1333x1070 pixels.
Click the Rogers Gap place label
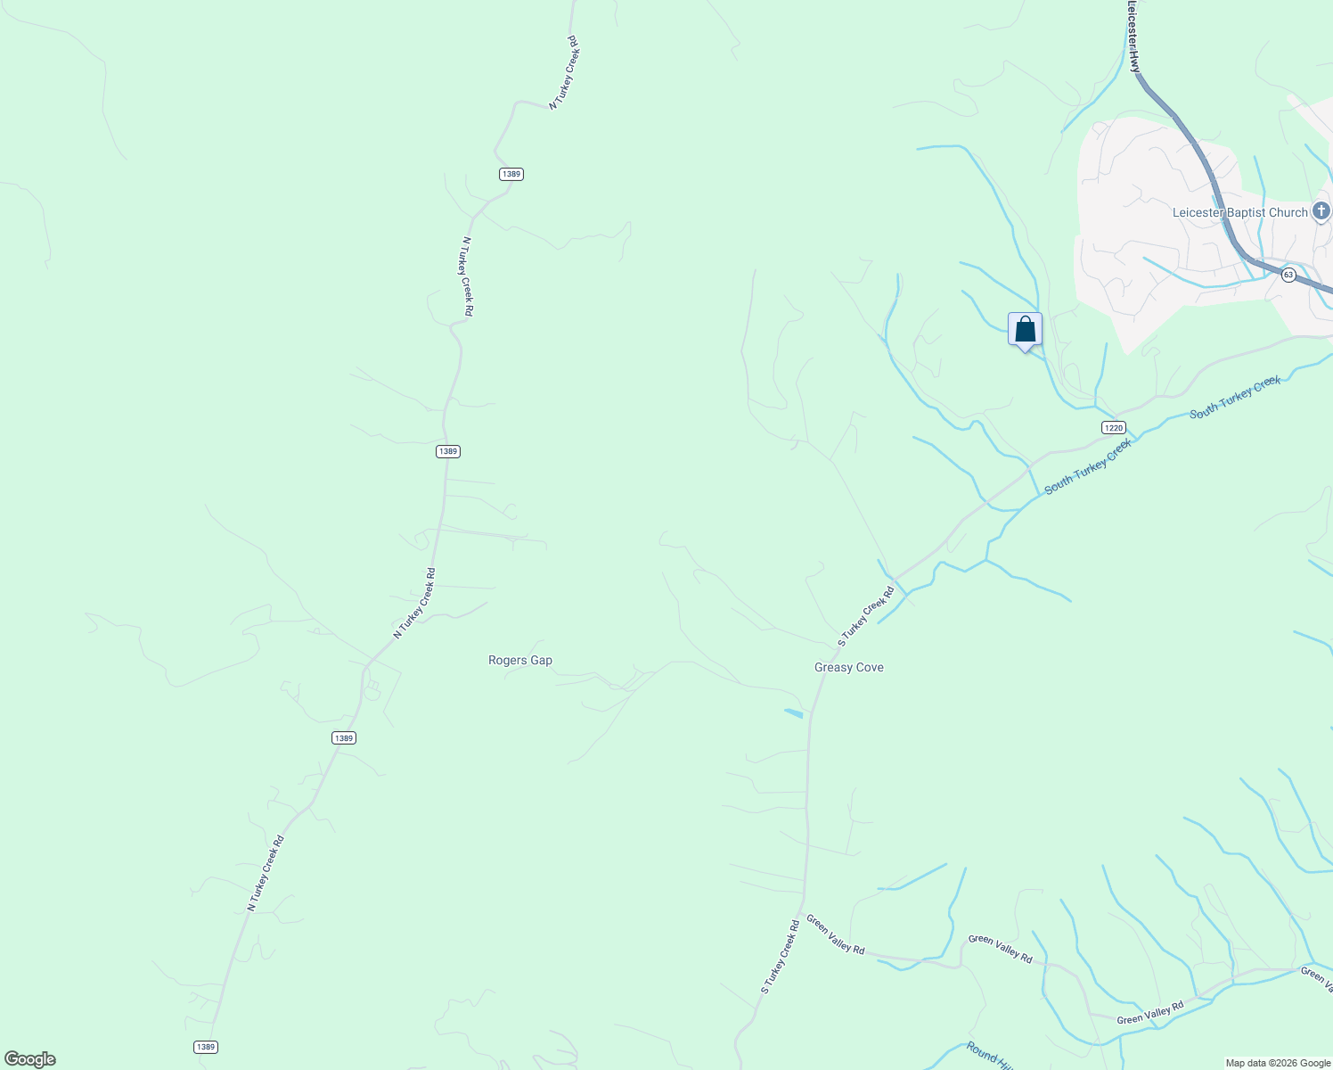(x=520, y=661)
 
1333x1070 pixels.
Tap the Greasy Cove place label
(x=848, y=668)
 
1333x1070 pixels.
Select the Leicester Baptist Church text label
(x=1239, y=212)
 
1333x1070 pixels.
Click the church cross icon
(x=1321, y=211)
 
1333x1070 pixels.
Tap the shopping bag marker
(x=1025, y=330)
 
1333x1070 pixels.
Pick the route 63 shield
(x=1288, y=275)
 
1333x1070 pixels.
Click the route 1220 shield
(x=1113, y=428)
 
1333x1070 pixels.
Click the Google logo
(x=30, y=1059)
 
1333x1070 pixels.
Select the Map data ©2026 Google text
(x=1278, y=1063)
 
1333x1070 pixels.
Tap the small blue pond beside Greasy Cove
(x=793, y=712)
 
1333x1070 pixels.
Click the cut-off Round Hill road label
(x=990, y=1056)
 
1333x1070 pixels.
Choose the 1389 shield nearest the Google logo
(x=205, y=1047)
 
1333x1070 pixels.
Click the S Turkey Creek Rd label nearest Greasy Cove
(x=866, y=617)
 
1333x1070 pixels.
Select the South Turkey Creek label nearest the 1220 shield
(x=1089, y=466)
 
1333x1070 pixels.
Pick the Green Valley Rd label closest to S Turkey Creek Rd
(x=835, y=934)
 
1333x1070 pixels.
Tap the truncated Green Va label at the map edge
(x=1316, y=977)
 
